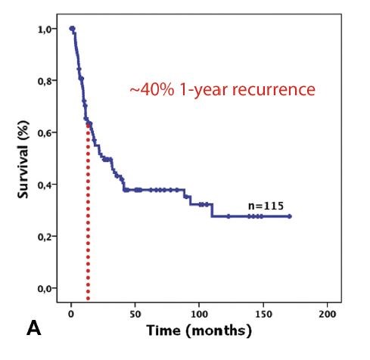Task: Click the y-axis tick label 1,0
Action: pos(47,29)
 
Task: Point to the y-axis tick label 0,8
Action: pos(47,81)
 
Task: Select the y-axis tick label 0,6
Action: pos(47,132)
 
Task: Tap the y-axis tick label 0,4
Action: pos(47,185)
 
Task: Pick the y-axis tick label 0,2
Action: pos(47,237)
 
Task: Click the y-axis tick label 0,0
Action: pos(47,288)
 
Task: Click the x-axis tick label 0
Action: pos(70,313)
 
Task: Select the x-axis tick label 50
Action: pos(135,313)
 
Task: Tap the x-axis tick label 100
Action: pos(199,313)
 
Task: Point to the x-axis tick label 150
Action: pos(263,313)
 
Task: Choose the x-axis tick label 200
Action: pos(328,313)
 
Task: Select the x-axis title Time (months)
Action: pos(199,331)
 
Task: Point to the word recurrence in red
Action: pos(267,90)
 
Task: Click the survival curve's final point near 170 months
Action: pos(289,216)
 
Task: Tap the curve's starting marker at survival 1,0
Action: pos(72,29)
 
